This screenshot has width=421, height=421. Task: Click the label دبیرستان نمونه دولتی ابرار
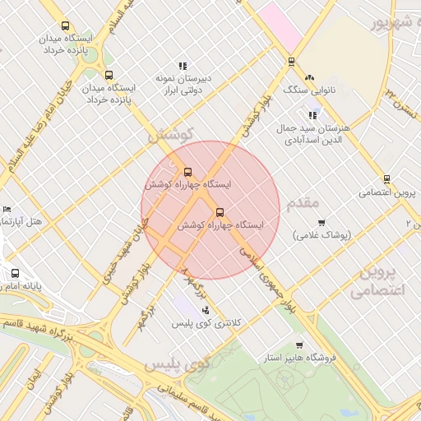pos(184,82)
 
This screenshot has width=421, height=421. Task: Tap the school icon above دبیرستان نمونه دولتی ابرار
pos(183,66)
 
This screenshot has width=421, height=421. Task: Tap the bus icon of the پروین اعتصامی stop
pos(386,179)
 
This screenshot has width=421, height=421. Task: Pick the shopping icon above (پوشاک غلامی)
pos(321,222)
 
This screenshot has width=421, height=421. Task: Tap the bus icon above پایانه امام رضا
pos(15,274)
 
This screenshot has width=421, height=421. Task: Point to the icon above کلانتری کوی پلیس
pos(206,310)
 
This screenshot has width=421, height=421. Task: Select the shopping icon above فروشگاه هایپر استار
pos(298,345)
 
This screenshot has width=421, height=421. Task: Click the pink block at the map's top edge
pos(281,21)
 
